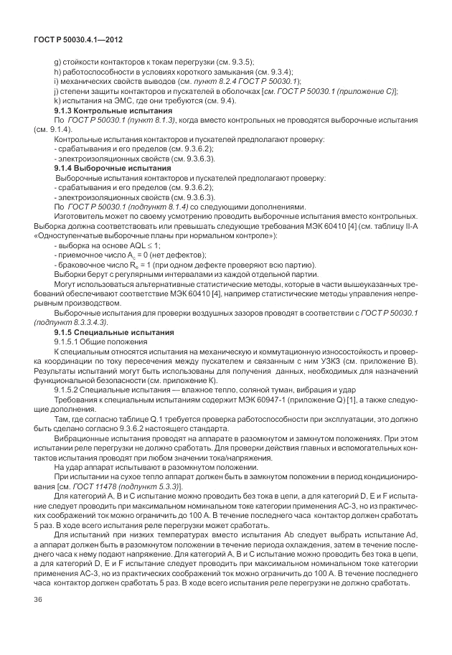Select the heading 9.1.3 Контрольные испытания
(x=113, y=111)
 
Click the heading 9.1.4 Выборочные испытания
(x=113, y=166)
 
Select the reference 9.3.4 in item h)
(x=279, y=72)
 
